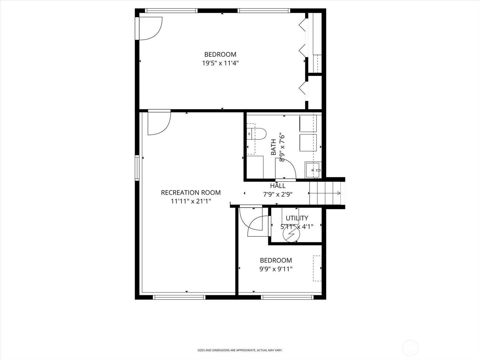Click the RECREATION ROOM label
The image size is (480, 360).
pos(191,193)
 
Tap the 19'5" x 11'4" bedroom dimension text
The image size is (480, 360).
pos(220,63)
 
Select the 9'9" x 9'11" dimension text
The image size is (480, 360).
pos(276,269)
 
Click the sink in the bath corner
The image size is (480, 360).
pos(313,170)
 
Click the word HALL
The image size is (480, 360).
pos(278,186)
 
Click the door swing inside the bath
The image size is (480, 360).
pos(286,169)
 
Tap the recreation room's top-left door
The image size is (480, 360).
pos(158,122)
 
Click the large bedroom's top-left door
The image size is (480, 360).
pos(149,28)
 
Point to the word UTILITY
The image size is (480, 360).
pos(297,218)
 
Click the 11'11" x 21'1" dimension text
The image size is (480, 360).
pos(191,201)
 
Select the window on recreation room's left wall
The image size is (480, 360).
pos(137,168)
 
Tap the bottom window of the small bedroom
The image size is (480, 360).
pos(287,297)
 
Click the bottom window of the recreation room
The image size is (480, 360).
pos(179,297)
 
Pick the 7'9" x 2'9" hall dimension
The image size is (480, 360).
pos(277,194)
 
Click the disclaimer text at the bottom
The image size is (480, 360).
pos(240,350)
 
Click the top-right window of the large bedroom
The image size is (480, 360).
pos(264,11)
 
